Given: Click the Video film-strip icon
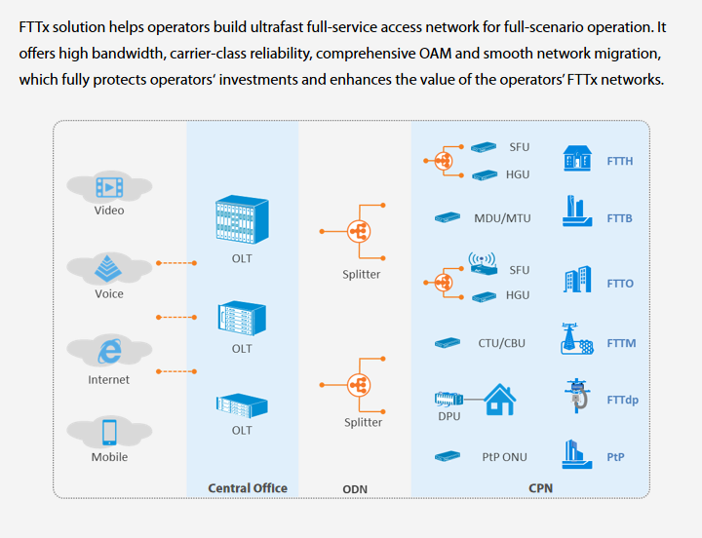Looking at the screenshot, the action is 109,187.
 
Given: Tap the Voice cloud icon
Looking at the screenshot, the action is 108,269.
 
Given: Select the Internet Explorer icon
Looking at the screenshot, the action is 109,351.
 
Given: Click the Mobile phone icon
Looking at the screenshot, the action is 109,432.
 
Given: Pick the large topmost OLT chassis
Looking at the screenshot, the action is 242,219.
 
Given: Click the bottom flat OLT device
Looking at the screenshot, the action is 242,405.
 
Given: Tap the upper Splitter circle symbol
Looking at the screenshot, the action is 359,231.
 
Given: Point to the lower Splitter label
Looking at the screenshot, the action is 363,422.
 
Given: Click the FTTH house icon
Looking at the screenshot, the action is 577,158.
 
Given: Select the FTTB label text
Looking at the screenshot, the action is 620,218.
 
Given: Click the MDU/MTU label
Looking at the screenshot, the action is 502,218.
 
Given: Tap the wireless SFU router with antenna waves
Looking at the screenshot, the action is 483,263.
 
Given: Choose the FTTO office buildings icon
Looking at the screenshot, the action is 577,280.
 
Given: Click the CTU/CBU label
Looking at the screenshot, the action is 501,343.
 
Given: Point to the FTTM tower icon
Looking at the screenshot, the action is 576,339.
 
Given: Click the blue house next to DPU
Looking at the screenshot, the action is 500,400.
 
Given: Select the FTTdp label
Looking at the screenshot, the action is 623,400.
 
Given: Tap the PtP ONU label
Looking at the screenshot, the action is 505,457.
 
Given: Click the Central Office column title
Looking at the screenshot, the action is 248,488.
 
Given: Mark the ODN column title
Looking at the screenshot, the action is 355,489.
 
